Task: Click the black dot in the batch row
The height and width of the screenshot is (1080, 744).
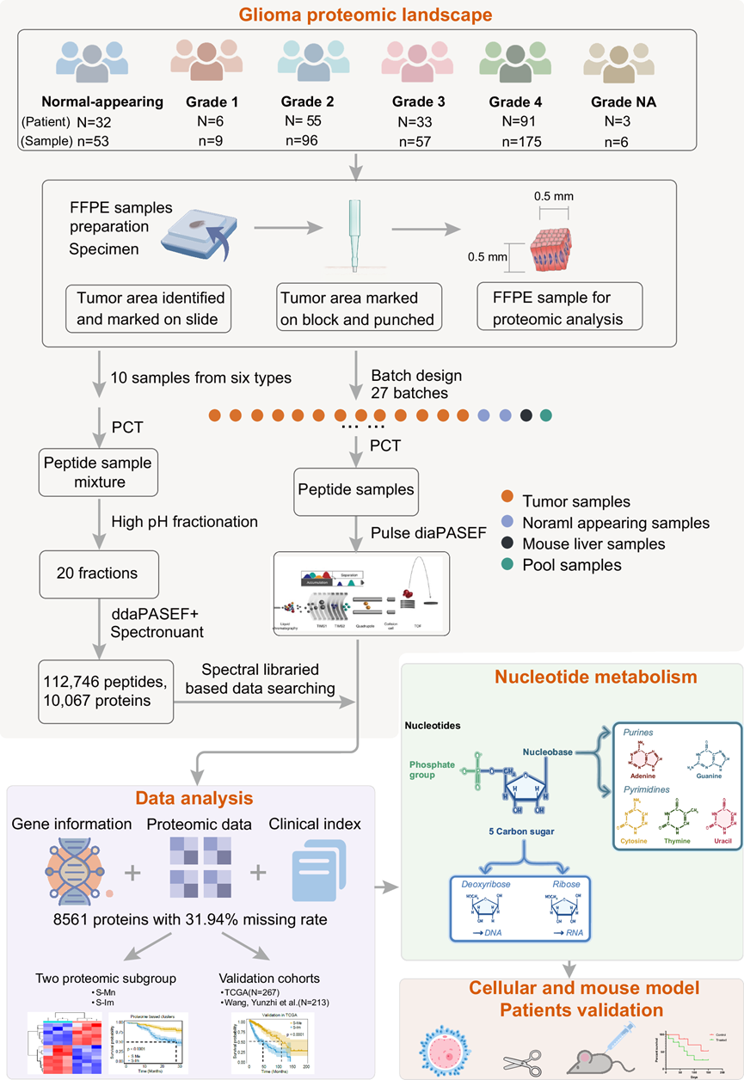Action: click(x=526, y=416)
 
